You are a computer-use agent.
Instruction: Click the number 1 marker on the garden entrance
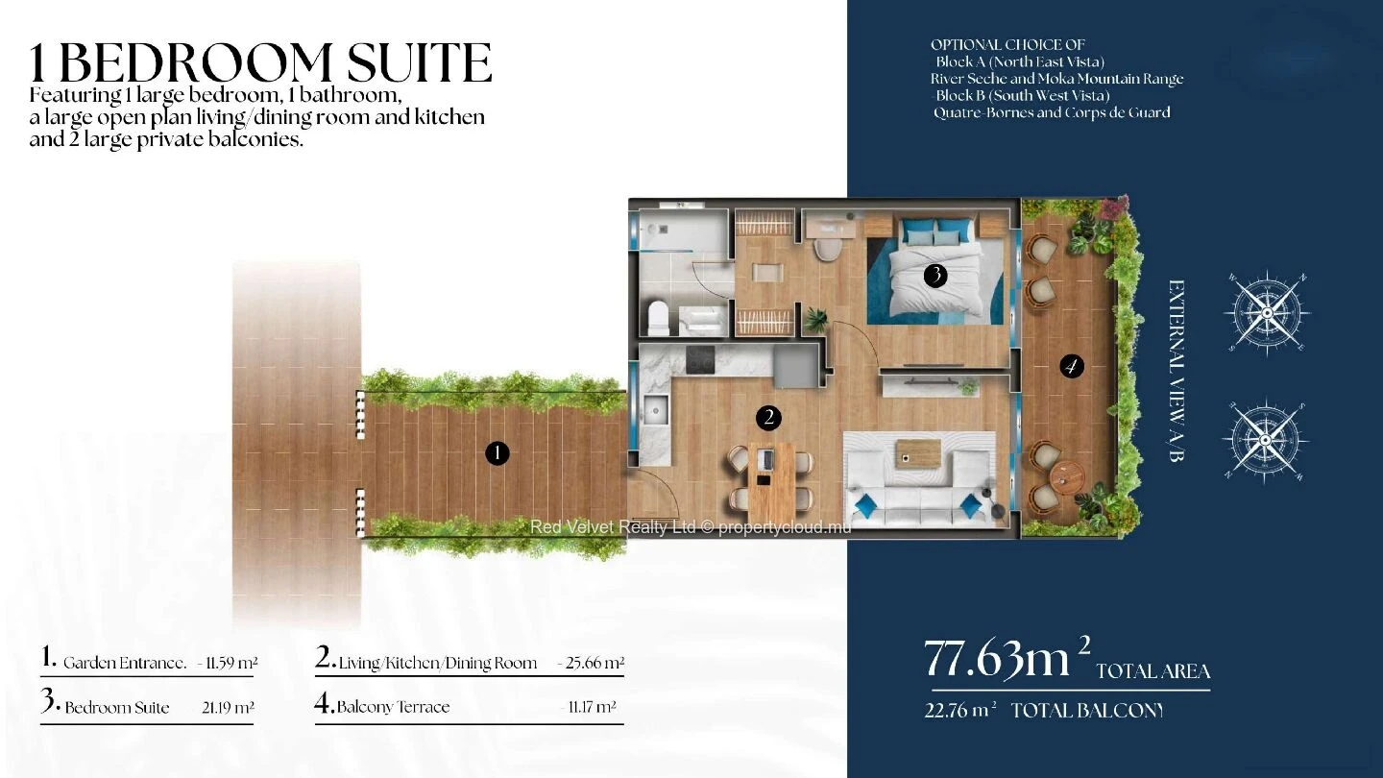(x=497, y=453)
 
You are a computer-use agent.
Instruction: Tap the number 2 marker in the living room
(x=768, y=418)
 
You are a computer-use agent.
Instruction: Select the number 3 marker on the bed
(x=936, y=276)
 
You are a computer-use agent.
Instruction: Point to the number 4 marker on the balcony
(x=1071, y=366)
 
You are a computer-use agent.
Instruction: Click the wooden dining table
(x=771, y=481)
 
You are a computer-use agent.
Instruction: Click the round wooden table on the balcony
(x=1068, y=476)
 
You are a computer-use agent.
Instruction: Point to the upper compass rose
(x=1267, y=313)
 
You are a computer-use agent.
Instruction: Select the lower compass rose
(x=1265, y=440)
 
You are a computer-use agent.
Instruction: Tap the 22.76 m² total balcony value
(x=960, y=710)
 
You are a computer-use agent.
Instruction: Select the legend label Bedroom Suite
(x=117, y=708)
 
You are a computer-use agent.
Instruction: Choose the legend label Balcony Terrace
(x=394, y=707)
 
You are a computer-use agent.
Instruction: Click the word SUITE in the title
(x=419, y=63)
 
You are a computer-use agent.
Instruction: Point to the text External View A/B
(x=1177, y=371)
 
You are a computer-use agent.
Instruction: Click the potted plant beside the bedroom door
(x=816, y=320)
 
